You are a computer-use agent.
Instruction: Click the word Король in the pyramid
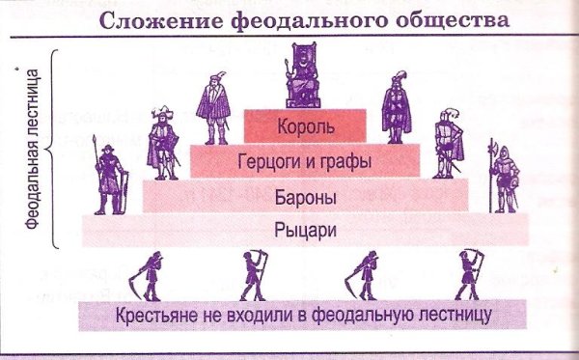point(304,126)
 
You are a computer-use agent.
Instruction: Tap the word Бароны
point(304,196)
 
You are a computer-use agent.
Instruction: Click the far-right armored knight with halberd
point(504,176)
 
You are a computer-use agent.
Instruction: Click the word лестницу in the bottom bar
point(461,316)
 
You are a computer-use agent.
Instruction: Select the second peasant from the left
point(254,274)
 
